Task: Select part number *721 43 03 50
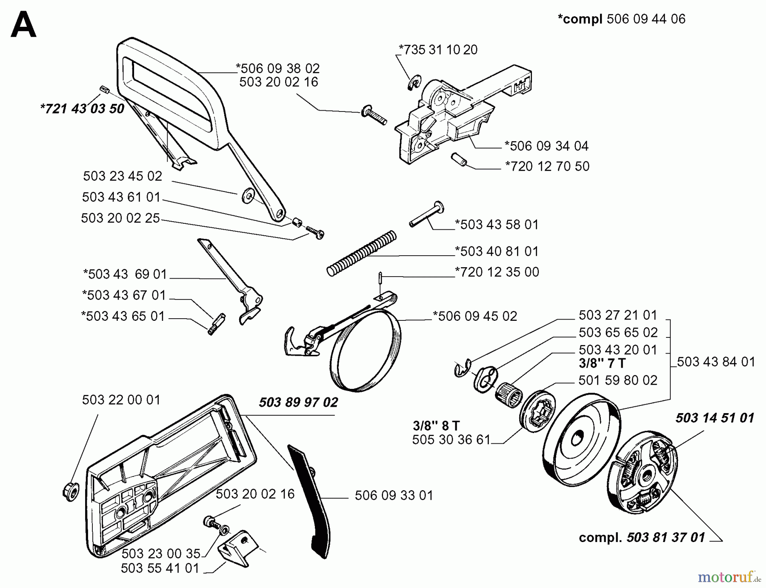[82, 108]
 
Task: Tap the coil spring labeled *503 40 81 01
[362, 253]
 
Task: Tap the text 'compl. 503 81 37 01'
[642, 537]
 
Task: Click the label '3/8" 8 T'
[436, 425]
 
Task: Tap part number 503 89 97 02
[298, 402]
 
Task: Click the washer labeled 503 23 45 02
[247, 197]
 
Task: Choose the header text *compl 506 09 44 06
[621, 19]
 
